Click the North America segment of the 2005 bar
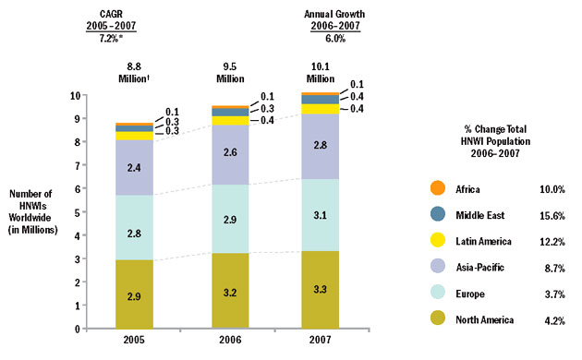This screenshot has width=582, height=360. tap(134, 294)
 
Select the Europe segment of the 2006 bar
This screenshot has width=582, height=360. tap(230, 219)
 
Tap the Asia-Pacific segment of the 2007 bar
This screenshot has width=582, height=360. tap(320, 146)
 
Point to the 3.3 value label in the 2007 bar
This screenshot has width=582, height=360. tap(320, 289)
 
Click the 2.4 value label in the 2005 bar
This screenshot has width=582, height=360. tap(134, 167)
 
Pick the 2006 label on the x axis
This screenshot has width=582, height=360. tap(230, 341)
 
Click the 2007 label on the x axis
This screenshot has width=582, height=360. tap(320, 341)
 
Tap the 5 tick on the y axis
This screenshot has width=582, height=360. tap(86, 211)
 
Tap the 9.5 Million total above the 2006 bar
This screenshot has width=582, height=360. tap(230, 72)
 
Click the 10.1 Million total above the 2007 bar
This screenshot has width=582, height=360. tap(320, 72)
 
